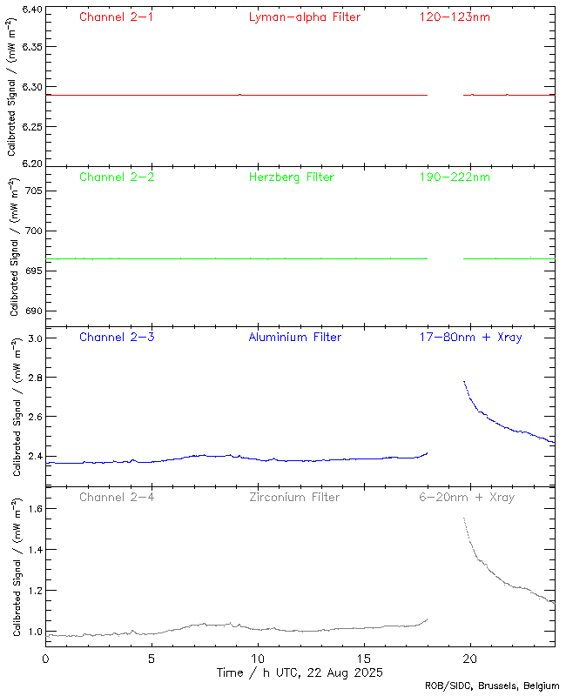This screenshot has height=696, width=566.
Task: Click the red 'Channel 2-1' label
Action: point(116,17)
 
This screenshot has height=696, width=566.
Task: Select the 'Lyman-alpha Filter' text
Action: point(304,17)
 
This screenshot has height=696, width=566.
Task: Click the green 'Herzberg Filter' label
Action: point(291,177)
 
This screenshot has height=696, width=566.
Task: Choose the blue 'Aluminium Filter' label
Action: point(294,338)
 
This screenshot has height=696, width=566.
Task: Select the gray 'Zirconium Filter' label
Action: point(293,498)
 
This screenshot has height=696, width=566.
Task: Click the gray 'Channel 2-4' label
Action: point(116,498)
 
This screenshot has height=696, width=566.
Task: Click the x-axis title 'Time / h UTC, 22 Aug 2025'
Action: point(300,673)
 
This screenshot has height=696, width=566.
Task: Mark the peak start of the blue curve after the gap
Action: point(464,381)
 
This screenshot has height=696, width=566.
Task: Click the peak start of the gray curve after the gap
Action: point(464,519)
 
